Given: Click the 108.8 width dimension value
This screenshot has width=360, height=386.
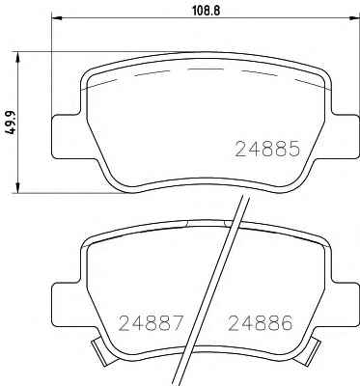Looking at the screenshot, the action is click(x=206, y=11).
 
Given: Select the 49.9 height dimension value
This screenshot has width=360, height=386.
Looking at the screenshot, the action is click(x=12, y=122).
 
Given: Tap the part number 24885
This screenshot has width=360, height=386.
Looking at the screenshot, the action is click(x=268, y=149).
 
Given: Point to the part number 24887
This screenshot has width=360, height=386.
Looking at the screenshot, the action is click(x=152, y=322).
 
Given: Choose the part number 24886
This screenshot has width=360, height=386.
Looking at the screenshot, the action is click(x=261, y=322).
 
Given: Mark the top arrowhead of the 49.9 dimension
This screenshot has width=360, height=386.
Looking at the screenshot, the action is click(x=18, y=57).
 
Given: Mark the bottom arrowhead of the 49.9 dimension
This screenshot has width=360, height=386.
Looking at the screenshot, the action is click(x=18, y=187).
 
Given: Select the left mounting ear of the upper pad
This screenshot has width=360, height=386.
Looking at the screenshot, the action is click(x=66, y=136).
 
